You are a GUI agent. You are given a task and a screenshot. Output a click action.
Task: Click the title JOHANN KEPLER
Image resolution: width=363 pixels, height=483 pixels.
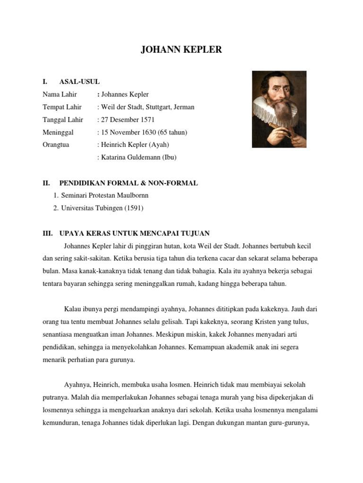tap(181, 50)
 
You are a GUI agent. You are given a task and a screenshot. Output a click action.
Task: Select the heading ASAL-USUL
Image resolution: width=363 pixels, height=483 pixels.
tap(79, 82)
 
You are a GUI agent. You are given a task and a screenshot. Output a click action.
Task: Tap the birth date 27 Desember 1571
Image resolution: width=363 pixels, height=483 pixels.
tap(128, 120)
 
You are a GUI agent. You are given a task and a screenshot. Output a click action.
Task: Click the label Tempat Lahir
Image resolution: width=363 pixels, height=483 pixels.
tap(62, 107)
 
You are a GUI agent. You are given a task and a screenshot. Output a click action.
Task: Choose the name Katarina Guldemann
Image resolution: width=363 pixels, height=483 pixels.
tap(131, 158)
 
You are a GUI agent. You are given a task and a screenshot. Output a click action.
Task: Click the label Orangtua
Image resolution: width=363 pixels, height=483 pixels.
tap(56, 145)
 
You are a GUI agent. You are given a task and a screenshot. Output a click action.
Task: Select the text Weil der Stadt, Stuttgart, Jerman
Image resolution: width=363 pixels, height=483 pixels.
tap(147, 107)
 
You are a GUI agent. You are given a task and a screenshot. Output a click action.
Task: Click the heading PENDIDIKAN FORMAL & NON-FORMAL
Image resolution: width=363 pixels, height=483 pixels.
tap(129, 183)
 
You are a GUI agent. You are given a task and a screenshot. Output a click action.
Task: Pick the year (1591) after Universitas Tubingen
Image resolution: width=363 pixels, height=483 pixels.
tap(134, 208)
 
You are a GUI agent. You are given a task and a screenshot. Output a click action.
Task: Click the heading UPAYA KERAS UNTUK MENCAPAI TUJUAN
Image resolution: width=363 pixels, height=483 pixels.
tap(135, 233)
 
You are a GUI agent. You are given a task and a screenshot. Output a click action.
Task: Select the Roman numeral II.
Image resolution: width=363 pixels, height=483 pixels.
tap(46, 183)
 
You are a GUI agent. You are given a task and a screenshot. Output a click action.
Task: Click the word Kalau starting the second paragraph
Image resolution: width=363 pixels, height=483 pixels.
tap(73, 309)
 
